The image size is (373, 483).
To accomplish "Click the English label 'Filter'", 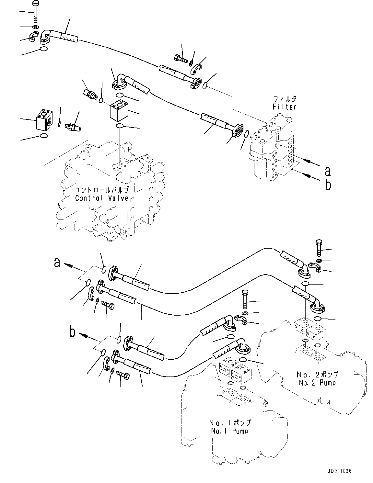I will point(285,107).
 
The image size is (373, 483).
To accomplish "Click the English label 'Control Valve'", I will point(102,198).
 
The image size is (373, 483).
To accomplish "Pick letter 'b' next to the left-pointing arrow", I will point(73,332).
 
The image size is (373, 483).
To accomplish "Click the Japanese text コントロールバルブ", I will point(102,190).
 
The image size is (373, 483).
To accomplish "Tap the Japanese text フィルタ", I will point(285,99).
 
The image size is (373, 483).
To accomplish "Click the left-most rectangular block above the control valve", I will point(43,119).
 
